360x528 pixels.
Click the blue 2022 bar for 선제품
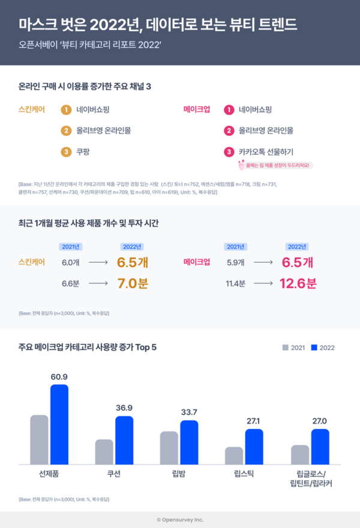coord(59,424)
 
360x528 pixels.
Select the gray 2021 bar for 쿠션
coord(104,452)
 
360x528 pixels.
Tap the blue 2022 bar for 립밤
coord(189,442)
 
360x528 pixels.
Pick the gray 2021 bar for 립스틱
coord(234,455)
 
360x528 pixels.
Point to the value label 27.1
coord(254,421)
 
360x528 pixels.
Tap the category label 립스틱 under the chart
coord(244,474)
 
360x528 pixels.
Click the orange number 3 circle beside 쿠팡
coord(67,151)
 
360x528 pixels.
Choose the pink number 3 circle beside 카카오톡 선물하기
coord(228,151)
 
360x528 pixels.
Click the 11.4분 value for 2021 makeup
coord(233,283)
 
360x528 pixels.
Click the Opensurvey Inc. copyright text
coord(180,520)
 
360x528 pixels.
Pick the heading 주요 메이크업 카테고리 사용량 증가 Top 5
coord(88,347)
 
